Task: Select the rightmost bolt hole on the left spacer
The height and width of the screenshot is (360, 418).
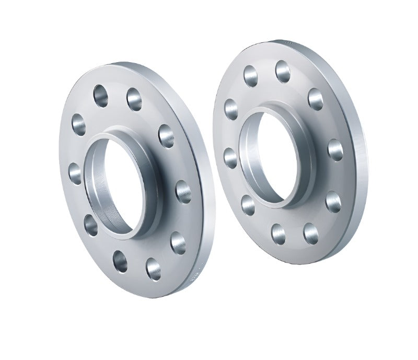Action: pos(183,191)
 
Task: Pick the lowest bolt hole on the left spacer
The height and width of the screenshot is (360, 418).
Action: pos(154,269)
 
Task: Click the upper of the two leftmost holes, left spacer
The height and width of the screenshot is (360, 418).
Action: pos(79,124)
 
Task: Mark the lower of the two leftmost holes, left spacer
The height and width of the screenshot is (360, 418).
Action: pos(75,173)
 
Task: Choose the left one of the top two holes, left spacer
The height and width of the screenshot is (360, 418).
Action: pos(101,96)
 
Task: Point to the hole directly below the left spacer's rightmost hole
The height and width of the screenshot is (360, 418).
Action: pos(178,242)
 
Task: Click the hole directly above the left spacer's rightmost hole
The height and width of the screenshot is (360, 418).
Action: pos(166,136)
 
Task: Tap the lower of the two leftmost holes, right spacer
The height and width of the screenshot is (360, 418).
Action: pos(230,157)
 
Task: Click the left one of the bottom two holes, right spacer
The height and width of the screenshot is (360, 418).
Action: pos(278,233)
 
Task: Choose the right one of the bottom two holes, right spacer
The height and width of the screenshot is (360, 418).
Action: pos(311,234)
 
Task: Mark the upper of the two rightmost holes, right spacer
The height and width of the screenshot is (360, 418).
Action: pos(336,150)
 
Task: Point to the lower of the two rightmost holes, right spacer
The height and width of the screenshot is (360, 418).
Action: pos(333,201)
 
